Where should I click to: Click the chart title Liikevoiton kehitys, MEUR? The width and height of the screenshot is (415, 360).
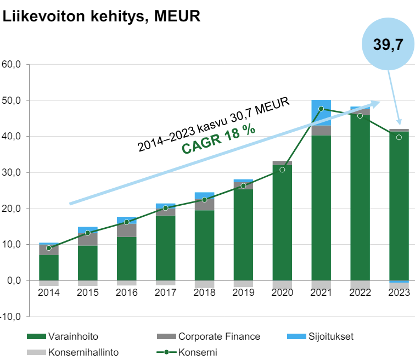(x=102, y=16)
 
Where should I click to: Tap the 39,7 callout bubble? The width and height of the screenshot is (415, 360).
(x=389, y=45)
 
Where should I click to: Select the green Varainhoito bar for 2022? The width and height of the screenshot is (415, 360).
(x=360, y=198)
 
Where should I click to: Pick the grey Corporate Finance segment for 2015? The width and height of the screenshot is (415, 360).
(x=87, y=239)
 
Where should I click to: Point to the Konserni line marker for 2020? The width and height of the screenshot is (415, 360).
(x=282, y=170)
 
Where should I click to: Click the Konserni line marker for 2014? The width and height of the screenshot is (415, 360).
(x=49, y=248)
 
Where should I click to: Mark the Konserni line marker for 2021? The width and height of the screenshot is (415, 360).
(x=321, y=109)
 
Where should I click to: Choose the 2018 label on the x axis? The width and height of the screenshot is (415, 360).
(x=204, y=292)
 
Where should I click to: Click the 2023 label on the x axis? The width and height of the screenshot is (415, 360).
(x=399, y=292)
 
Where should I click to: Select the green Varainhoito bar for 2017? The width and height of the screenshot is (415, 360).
(x=165, y=247)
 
